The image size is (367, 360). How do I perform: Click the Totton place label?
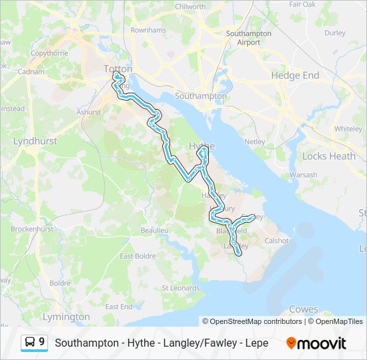coord(118,69)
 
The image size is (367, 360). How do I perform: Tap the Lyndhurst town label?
coord(35,141)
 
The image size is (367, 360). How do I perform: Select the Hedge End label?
coord(295,76)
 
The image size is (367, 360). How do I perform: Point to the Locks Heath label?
coord(329,156)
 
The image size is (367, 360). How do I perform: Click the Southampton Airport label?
coord(249,37)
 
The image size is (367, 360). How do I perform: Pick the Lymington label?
coord(66,317)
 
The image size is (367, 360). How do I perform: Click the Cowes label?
coord(304,309)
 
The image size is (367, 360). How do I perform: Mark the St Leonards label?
coord(181,288)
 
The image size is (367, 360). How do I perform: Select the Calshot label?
coord(277,241)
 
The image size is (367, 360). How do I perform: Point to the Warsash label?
coord(303,175)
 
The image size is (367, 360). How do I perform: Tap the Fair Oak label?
coord(302,4)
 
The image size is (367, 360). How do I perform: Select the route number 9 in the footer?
coord(42,342)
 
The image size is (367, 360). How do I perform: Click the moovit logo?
coord(316,343)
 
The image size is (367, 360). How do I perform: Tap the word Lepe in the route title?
coord(256,343)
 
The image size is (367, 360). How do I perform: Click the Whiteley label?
coord(348,129)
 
